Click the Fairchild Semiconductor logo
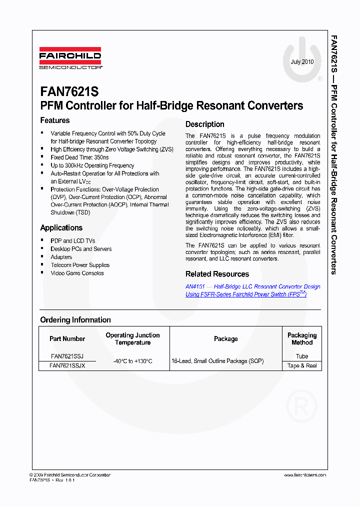point(70,58)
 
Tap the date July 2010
point(302,62)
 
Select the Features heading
point(55,120)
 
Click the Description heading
point(204,124)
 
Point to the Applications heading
point(61,228)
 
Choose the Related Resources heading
point(217,274)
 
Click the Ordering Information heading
point(75,320)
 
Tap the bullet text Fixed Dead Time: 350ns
point(79,157)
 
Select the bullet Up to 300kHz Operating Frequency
point(92,165)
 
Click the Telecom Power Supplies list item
point(80,265)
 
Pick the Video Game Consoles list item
point(77,273)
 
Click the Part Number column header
point(67,339)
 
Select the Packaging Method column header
point(302,339)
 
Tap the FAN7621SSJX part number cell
point(67,365)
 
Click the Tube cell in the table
point(302,356)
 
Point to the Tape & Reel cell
point(302,365)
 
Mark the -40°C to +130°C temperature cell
point(132,361)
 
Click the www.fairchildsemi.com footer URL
point(305,475)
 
